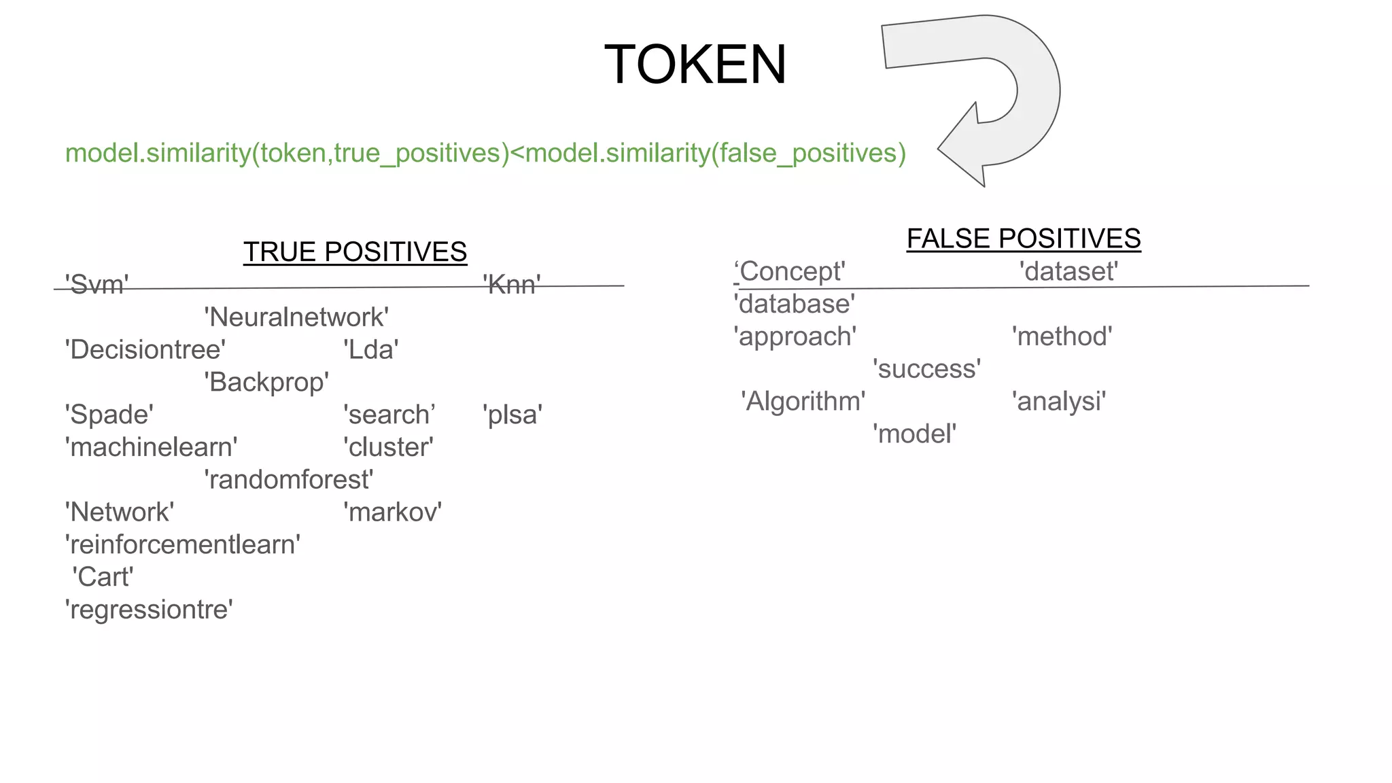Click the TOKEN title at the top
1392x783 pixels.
tap(695, 65)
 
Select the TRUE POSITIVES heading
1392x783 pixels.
tap(355, 252)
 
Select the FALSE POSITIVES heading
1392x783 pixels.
tap(1023, 239)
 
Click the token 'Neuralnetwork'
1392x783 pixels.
tap(296, 317)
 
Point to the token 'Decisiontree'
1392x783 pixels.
tap(145, 350)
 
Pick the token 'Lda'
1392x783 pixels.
tap(370, 350)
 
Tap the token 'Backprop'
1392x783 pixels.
tap(266, 383)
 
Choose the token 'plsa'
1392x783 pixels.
tap(512, 415)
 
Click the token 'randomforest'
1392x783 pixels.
tap(288, 480)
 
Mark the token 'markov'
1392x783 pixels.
tap(392, 512)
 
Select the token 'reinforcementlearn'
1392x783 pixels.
tap(182, 545)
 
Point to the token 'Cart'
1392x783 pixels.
tap(103, 577)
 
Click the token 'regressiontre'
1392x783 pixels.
tap(149, 610)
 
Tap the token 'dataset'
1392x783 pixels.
tap(1068, 272)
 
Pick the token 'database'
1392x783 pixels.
tap(794, 304)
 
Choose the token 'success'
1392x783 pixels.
tap(926, 369)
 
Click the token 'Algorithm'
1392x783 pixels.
tap(803, 402)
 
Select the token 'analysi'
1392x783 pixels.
tap(1058, 402)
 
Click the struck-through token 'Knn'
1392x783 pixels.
tap(512, 285)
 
